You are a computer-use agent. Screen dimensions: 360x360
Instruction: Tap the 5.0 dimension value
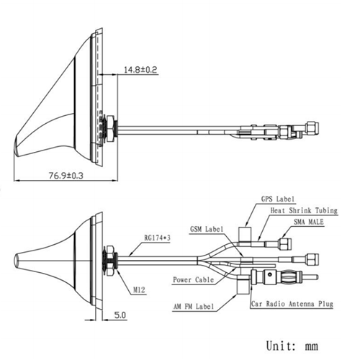tap(119, 315)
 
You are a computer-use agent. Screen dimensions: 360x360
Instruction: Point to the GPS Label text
tap(278, 199)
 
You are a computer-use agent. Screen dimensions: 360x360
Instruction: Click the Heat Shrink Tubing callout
tap(303, 210)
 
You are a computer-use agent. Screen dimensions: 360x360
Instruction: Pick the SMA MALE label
tap(307, 222)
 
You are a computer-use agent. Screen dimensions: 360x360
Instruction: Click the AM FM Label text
tap(193, 306)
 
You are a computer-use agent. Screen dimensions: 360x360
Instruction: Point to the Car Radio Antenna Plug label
tap(292, 305)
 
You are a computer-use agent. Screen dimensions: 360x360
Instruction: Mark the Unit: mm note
tap(292, 346)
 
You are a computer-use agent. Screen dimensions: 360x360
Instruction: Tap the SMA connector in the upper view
tap(305, 127)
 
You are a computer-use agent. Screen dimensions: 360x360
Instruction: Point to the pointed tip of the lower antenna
tap(18, 257)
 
